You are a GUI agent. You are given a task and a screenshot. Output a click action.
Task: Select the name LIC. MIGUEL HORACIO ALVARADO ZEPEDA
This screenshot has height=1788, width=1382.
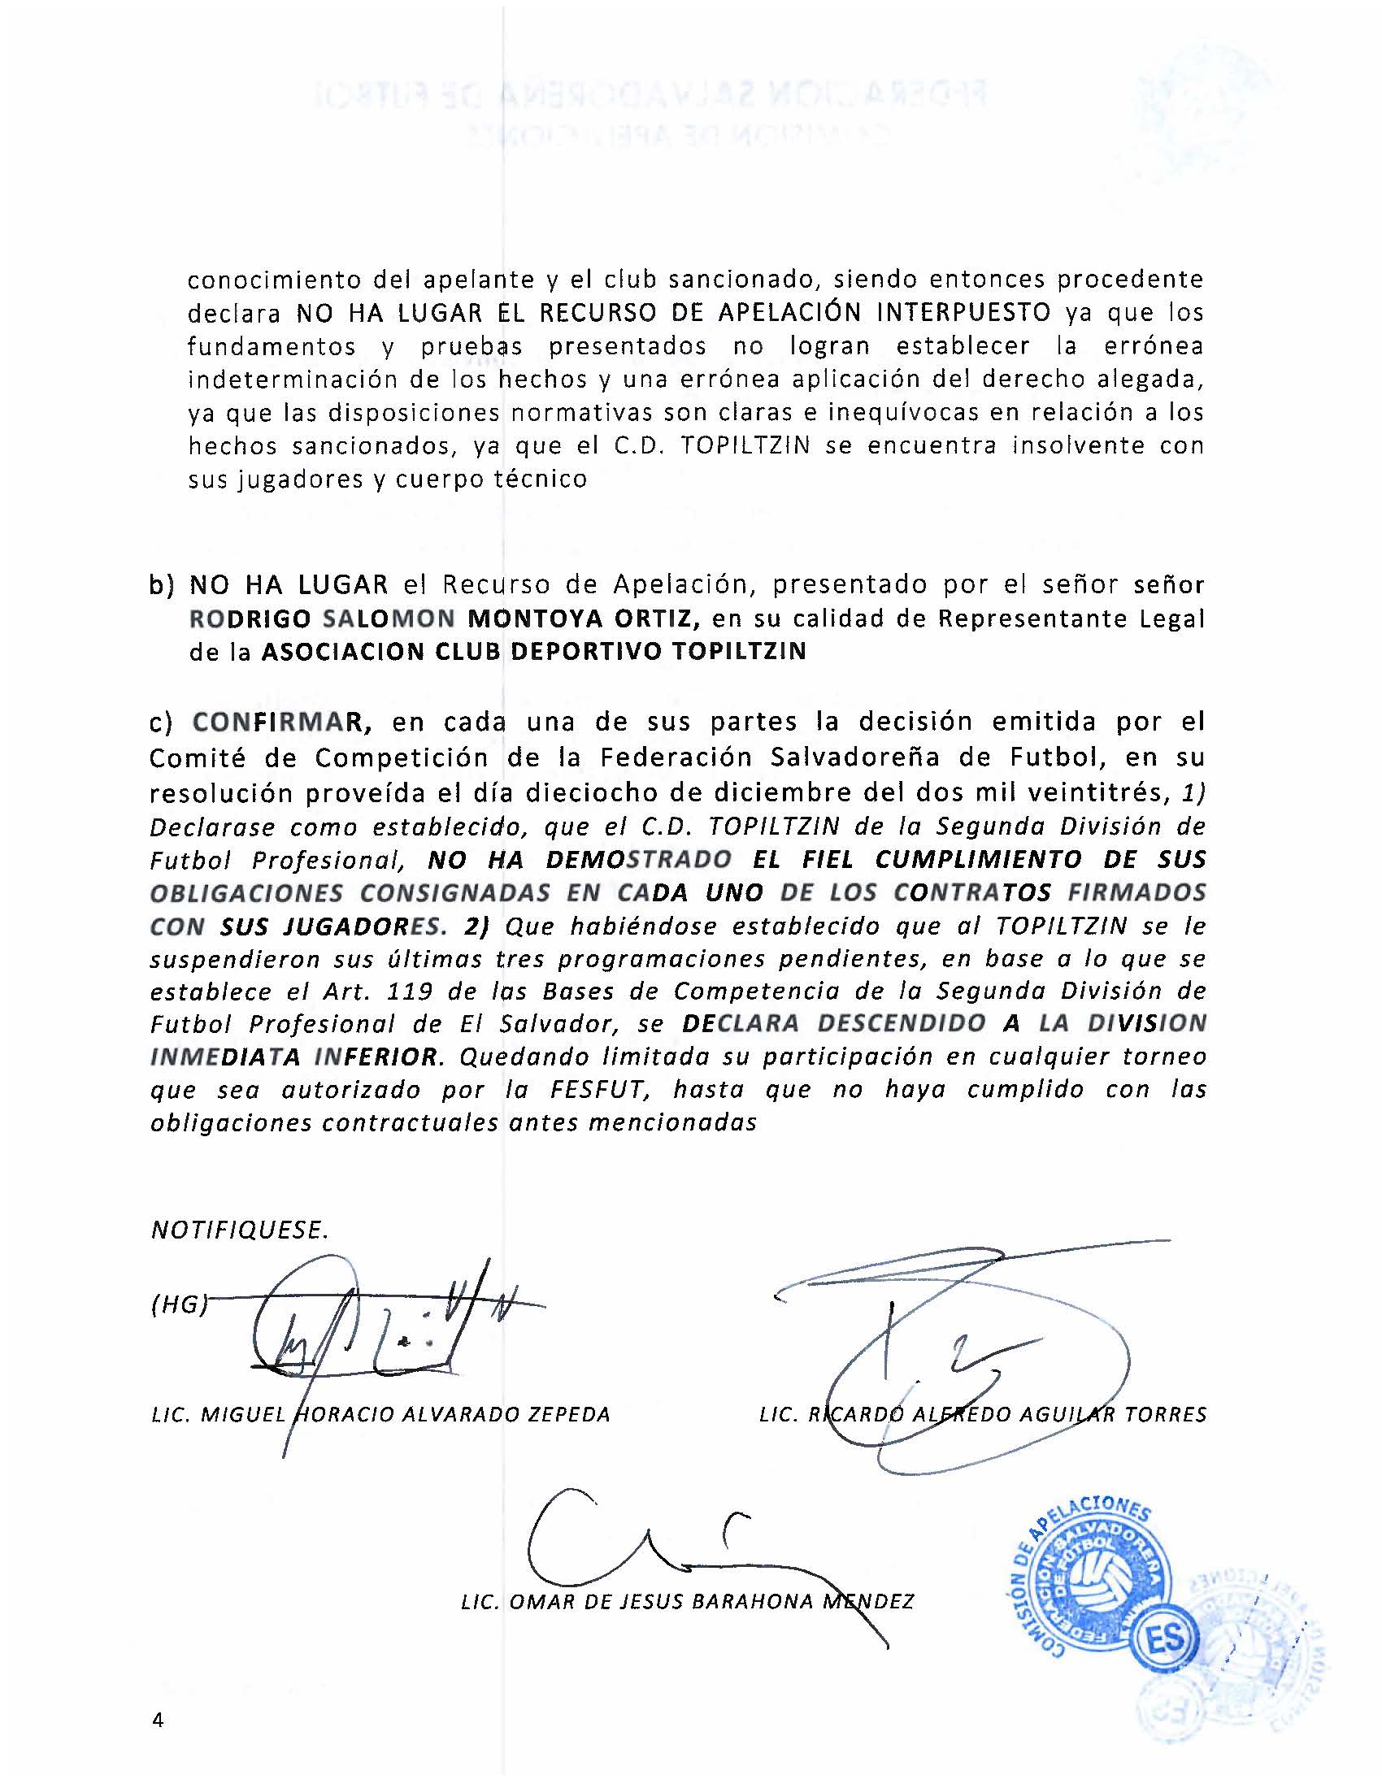click(380, 1415)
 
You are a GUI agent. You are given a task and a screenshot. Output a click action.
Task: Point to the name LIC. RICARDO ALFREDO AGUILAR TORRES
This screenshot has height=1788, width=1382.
click(983, 1415)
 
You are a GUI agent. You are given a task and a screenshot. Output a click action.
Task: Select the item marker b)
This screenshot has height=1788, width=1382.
click(162, 585)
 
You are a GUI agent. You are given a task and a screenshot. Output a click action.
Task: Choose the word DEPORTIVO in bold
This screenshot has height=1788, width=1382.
click(581, 651)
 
